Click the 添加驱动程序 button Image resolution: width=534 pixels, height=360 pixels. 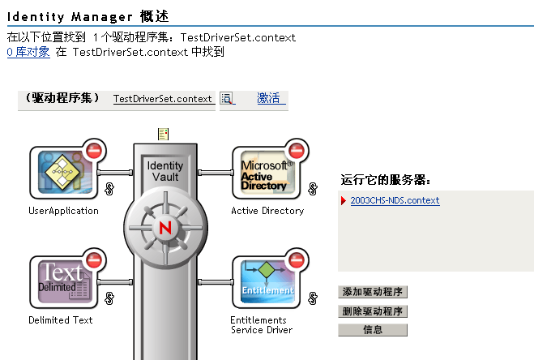tap(372, 292)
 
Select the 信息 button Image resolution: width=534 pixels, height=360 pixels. tap(372, 331)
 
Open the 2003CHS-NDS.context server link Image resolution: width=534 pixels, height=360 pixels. tap(395, 201)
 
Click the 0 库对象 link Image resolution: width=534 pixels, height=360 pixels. tap(28, 52)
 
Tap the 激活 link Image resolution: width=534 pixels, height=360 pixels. tap(268, 99)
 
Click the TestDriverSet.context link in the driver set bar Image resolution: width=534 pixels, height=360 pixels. tap(163, 99)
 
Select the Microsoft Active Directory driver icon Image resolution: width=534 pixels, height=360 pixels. tap(264, 172)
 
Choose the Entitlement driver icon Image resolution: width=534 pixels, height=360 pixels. tap(264, 281)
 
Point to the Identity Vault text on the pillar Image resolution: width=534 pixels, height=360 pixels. tap(165, 171)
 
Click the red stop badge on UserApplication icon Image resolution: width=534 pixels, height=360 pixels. tap(94, 151)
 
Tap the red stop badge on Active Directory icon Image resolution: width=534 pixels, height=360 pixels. tap(297, 151)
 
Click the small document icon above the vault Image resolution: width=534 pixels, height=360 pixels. tap(164, 133)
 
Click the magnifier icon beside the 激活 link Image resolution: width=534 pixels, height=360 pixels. tap(227, 99)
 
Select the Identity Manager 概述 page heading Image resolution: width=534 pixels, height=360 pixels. tap(89, 16)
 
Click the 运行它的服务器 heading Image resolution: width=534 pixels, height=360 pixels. tap(385, 180)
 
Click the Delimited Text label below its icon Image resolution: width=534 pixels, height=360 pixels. tap(61, 320)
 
